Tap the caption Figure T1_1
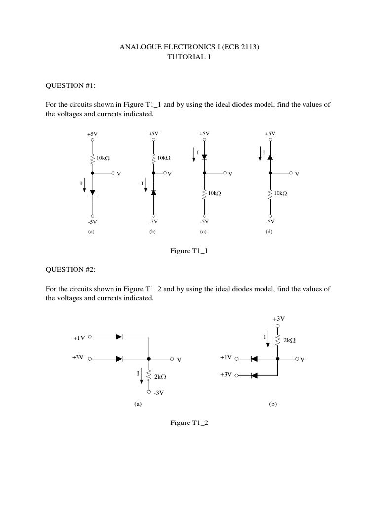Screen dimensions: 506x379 pyautogui.click(x=189, y=251)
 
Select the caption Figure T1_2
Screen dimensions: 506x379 pyautogui.click(x=189, y=423)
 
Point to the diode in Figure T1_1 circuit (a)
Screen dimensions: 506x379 pyautogui.click(x=92, y=192)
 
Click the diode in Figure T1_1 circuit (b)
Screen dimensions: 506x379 pyautogui.click(x=153, y=192)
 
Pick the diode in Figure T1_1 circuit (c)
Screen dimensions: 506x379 pyautogui.click(x=204, y=157)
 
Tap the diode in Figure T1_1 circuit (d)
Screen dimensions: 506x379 pyautogui.click(x=270, y=156)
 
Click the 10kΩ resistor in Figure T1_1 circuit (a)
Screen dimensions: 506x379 pyautogui.click(x=92, y=158)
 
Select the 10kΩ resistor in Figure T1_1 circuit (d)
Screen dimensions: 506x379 pyautogui.click(x=270, y=194)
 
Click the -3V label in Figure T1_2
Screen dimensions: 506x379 pyautogui.click(x=158, y=393)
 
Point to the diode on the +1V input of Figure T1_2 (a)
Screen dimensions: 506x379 pyautogui.click(x=119, y=337)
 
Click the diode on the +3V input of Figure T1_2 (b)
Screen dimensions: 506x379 pyautogui.click(x=254, y=376)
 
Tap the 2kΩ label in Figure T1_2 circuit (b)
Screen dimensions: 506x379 pyautogui.click(x=289, y=340)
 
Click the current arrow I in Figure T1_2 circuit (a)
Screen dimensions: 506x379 pyautogui.click(x=142, y=375)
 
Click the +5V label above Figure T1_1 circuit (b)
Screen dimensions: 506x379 pyautogui.click(x=153, y=134)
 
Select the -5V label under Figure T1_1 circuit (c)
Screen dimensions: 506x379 pyautogui.click(x=204, y=221)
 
